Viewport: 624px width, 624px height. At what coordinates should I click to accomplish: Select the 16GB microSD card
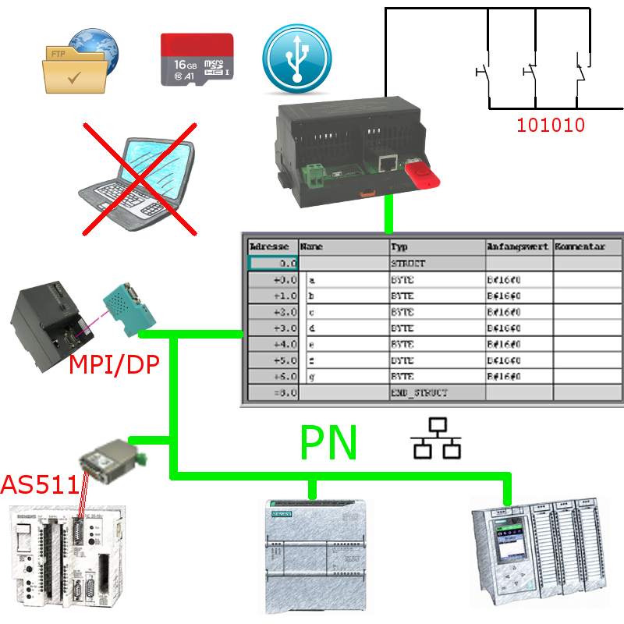tap(197, 59)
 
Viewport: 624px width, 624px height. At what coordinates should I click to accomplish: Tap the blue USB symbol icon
tap(297, 59)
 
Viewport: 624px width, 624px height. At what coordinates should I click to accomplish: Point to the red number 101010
tap(551, 125)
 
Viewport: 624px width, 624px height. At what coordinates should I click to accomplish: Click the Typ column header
tap(437, 246)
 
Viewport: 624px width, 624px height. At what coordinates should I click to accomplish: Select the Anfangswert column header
tap(519, 246)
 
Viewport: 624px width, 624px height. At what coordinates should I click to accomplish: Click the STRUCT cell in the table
tap(437, 264)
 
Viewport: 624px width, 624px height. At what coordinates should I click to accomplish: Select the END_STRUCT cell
tap(437, 392)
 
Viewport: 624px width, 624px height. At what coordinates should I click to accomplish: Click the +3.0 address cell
tap(273, 328)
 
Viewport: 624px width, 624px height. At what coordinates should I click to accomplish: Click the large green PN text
tap(328, 444)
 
